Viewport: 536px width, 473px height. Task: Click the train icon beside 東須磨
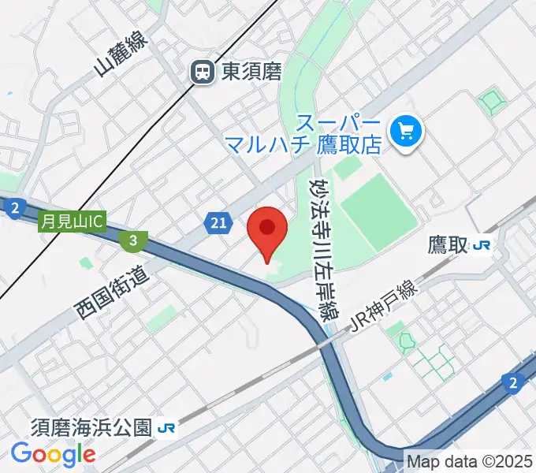203,73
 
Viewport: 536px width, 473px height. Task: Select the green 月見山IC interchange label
71,223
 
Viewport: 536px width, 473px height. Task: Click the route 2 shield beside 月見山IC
13,209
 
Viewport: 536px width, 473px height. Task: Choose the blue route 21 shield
220,225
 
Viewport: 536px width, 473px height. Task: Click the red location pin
267,232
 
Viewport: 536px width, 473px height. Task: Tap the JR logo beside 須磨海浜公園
166,428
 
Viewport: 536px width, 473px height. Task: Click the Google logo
53,454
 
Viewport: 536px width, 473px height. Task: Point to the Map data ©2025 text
470,460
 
